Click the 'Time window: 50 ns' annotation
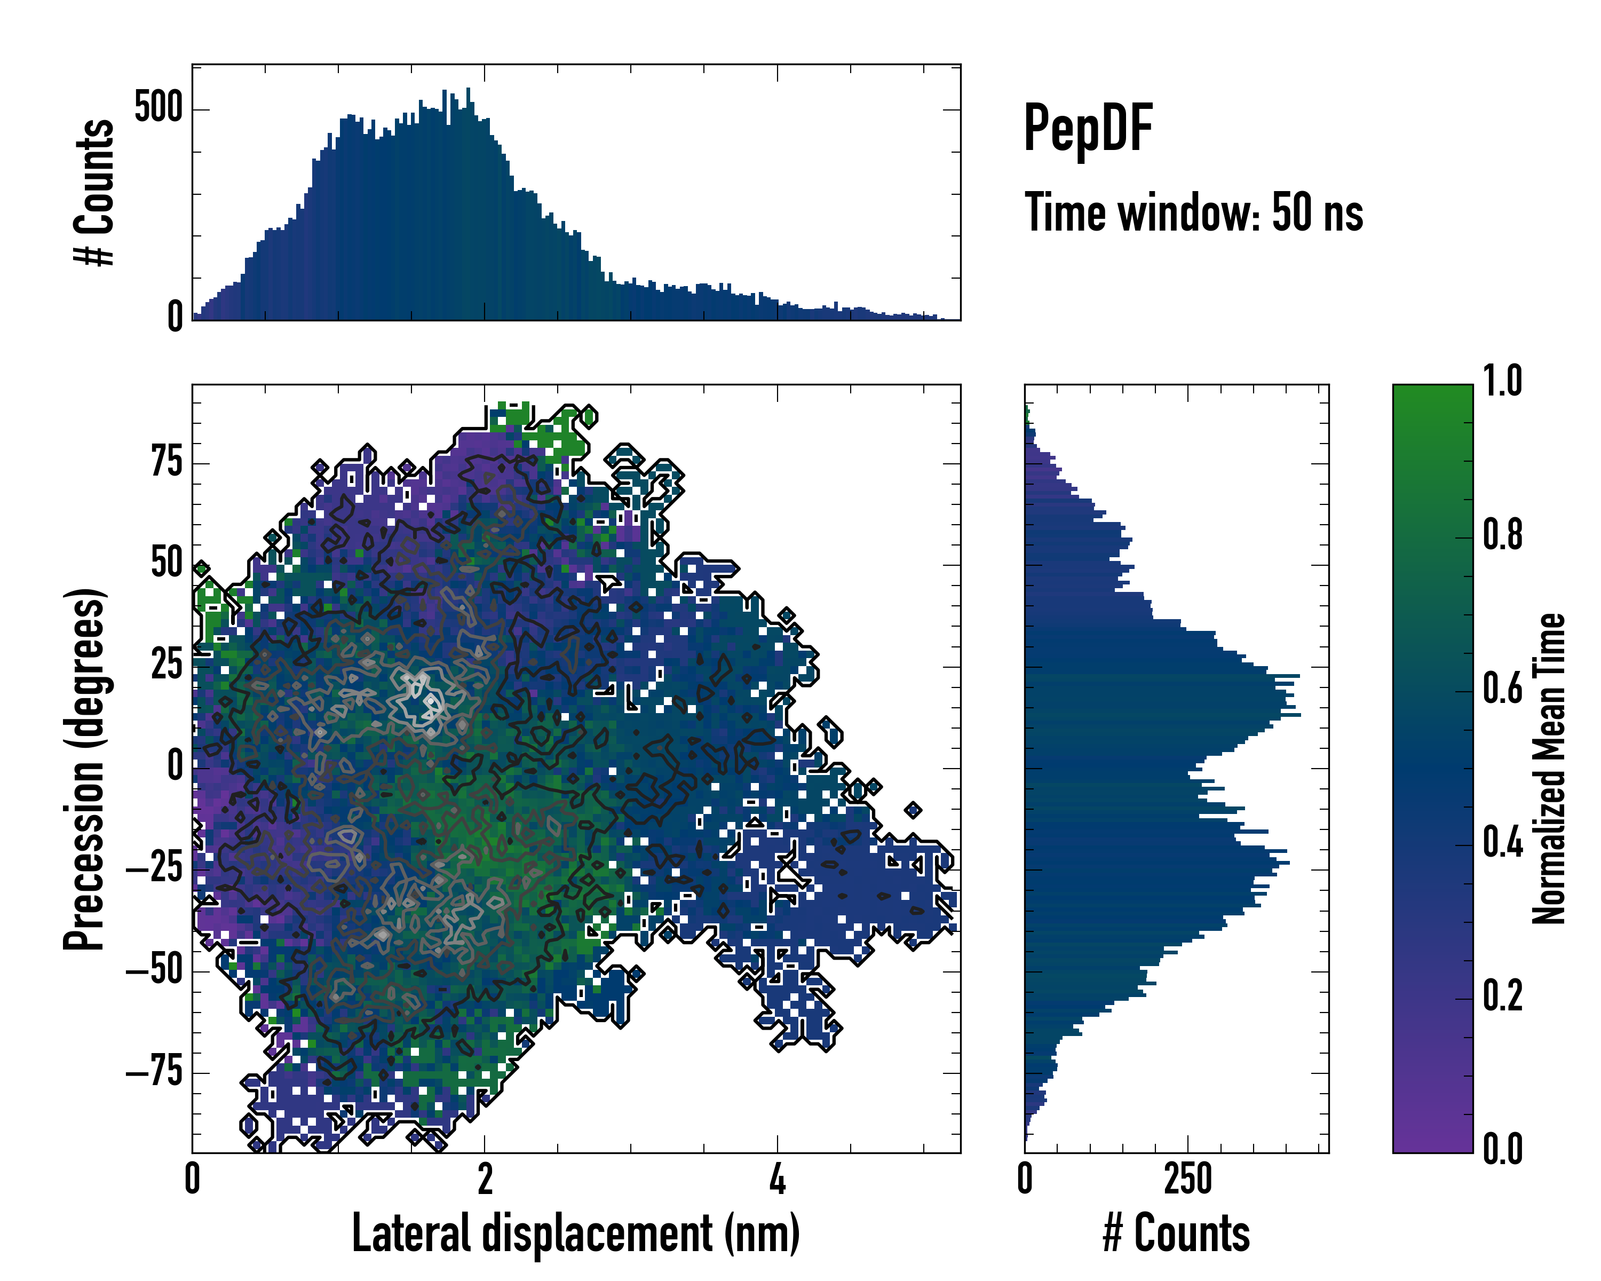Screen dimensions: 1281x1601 (x=1193, y=212)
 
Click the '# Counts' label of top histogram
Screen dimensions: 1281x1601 (x=94, y=192)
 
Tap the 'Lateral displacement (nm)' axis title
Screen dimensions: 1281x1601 (x=575, y=1233)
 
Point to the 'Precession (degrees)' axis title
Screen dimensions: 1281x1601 (x=83, y=769)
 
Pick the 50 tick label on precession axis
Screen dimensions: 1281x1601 (x=167, y=564)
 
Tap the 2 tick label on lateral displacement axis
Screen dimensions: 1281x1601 (x=485, y=1179)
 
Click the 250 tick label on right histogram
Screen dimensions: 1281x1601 (x=1187, y=1179)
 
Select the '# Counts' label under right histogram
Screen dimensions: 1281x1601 (x=1176, y=1233)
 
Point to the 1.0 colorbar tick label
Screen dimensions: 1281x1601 (x=1502, y=382)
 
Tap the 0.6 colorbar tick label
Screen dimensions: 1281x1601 (x=1502, y=689)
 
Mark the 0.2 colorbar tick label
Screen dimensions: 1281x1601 (x=1502, y=996)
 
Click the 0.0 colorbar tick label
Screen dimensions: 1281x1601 (x=1502, y=1150)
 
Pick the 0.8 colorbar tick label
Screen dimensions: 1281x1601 (x=1502, y=535)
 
